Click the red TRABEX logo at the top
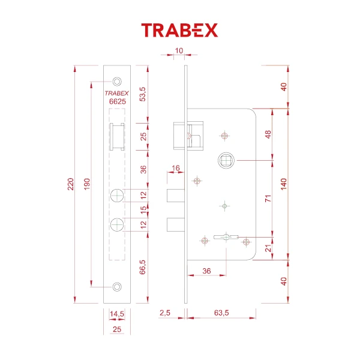(x=179, y=31)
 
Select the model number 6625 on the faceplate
(x=116, y=102)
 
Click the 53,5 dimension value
(x=143, y=94)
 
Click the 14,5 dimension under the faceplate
(x=116, y=313)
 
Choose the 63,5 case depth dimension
(x=221, y=313)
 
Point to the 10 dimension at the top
(x=179, y=50)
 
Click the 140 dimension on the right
(x=284, y=184)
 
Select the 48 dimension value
(x=268, y=134)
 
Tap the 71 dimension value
(x=268, y=198)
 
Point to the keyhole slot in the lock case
(x=225, y=238)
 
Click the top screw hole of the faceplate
(x=117, y=80)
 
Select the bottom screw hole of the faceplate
(x=117, y=286)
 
